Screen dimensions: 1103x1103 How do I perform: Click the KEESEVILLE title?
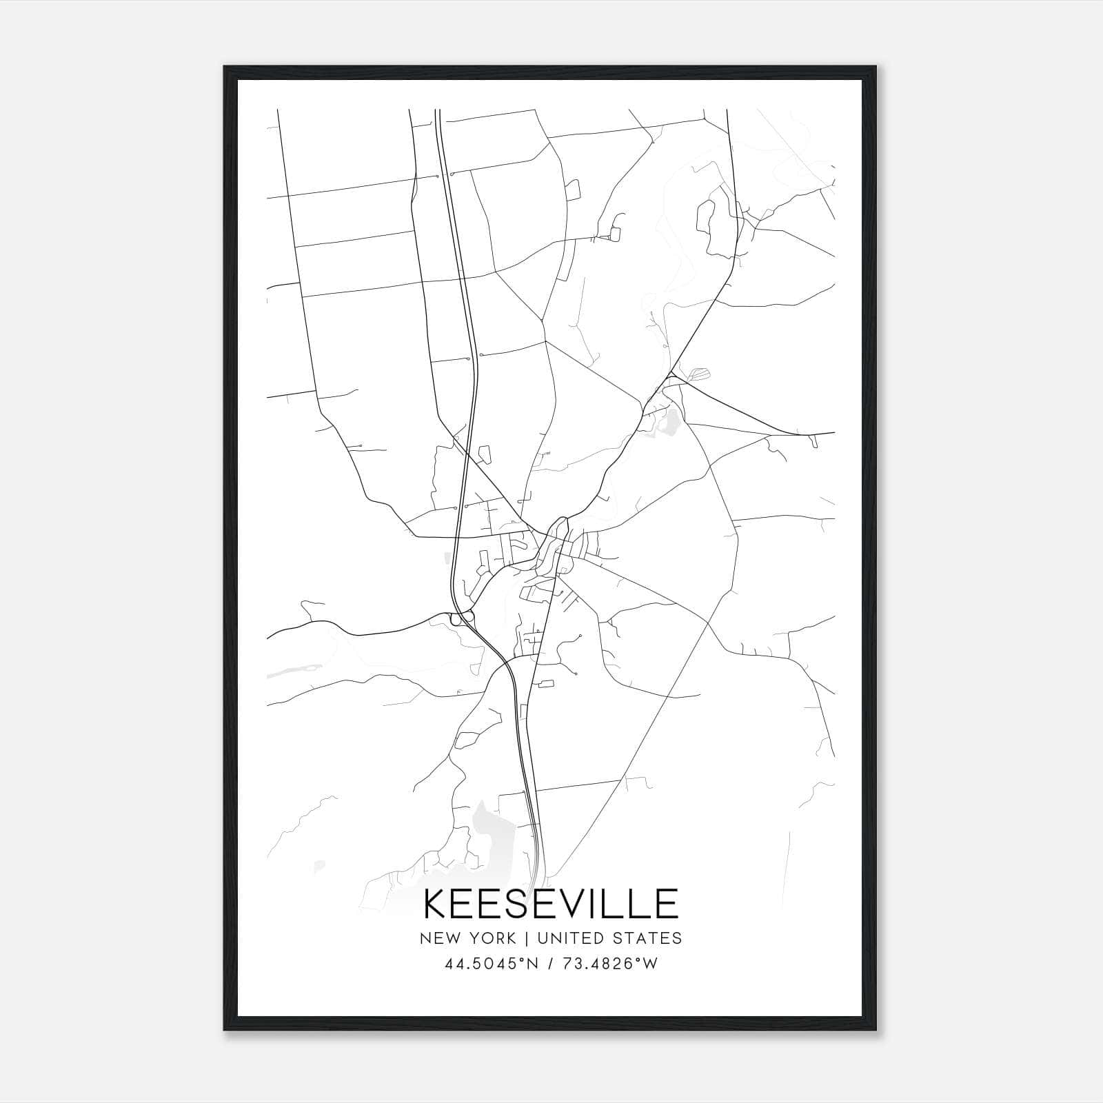tap(551, 904)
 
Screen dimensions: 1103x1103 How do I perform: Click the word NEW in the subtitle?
tap(438, 938)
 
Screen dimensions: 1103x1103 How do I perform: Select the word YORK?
tap(490, 938)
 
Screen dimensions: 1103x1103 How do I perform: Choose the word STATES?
tap(642, 938)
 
